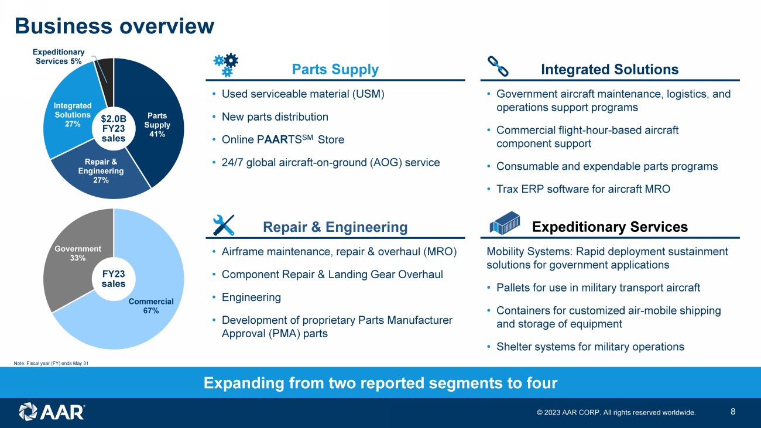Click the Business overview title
pos(115,26)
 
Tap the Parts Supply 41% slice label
pos(157,125)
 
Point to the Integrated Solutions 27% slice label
pos(73,115)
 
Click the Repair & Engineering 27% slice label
pos(101,171)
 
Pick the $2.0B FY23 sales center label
pos(114,128)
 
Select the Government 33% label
pos(78,254)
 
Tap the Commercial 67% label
pos(151,306)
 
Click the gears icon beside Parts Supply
pos(226,64)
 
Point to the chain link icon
pos(498,66)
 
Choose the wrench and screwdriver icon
pos(224,225)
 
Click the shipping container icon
pos(505,223)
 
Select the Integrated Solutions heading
pos(610,69)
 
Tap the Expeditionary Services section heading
pos(610,227)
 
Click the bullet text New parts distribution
pos(275,117)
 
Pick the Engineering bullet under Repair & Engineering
pos(251,297)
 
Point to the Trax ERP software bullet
pos(583,189)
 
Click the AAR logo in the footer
pos(52,412)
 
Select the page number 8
pos(733,412)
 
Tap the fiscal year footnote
pos(51,363)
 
